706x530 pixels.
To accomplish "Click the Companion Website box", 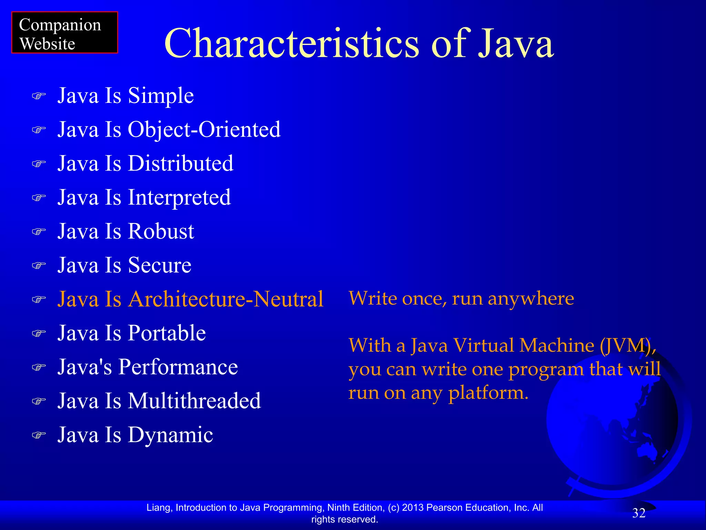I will (x=64, y=33).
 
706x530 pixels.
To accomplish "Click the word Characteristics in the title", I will (x=291, y=44).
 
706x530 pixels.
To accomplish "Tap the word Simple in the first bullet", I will (x=161, y=96).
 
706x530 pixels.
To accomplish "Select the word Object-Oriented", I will (x=204, y=130).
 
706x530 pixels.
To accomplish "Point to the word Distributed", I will (x=180, y=164).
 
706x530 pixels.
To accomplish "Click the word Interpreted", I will (x=179, y=197).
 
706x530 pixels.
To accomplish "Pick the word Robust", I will (x=161, y=231).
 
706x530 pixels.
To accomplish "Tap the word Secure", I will (x=160, y=265).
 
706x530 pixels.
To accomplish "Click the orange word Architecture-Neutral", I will (x=226, y=299).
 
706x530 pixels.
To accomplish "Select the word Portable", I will (x=167, y=333).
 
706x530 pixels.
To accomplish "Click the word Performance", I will (x=178, y=367).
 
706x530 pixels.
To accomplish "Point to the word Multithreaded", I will (x=194, y=401).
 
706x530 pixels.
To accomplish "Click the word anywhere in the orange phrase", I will (x=531, y=298).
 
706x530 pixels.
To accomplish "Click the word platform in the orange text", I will (x=488, y=393).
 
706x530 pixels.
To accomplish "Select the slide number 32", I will (x=639, y=513).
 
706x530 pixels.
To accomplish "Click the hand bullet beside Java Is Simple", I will (x=39, y=96).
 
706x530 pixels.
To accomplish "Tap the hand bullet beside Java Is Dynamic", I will (x=39, y=435).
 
